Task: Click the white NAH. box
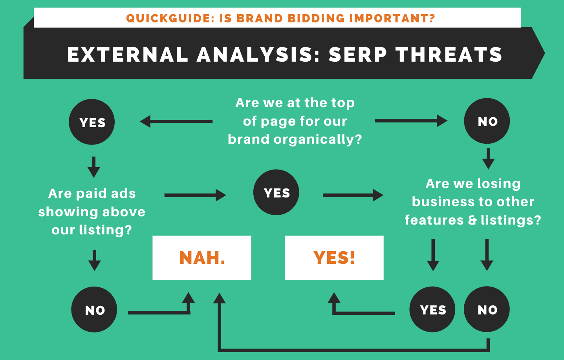[x=201, y=258]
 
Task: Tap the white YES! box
[x=334, y=258]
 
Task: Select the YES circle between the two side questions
[x=276, y=192]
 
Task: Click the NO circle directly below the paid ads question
[x=94, y=310]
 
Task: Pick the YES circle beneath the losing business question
[x=432, y=310]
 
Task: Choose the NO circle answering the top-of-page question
[x=487, y=121]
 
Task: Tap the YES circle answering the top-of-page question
[x=92, y=122]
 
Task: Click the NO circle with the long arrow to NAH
[x=487, y=310]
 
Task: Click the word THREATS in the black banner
[x=449, y=54]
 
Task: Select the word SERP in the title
[x=357, y=54]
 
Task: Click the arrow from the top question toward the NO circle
[x=410, y=121]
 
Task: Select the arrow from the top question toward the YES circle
[x=176, y=121]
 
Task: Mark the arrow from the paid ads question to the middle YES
[x=195, y=195]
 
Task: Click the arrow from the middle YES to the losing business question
[x=353, y=195]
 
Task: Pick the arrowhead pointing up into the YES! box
[x=334, y=298]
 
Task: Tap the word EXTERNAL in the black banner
[x=128, y=54]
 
